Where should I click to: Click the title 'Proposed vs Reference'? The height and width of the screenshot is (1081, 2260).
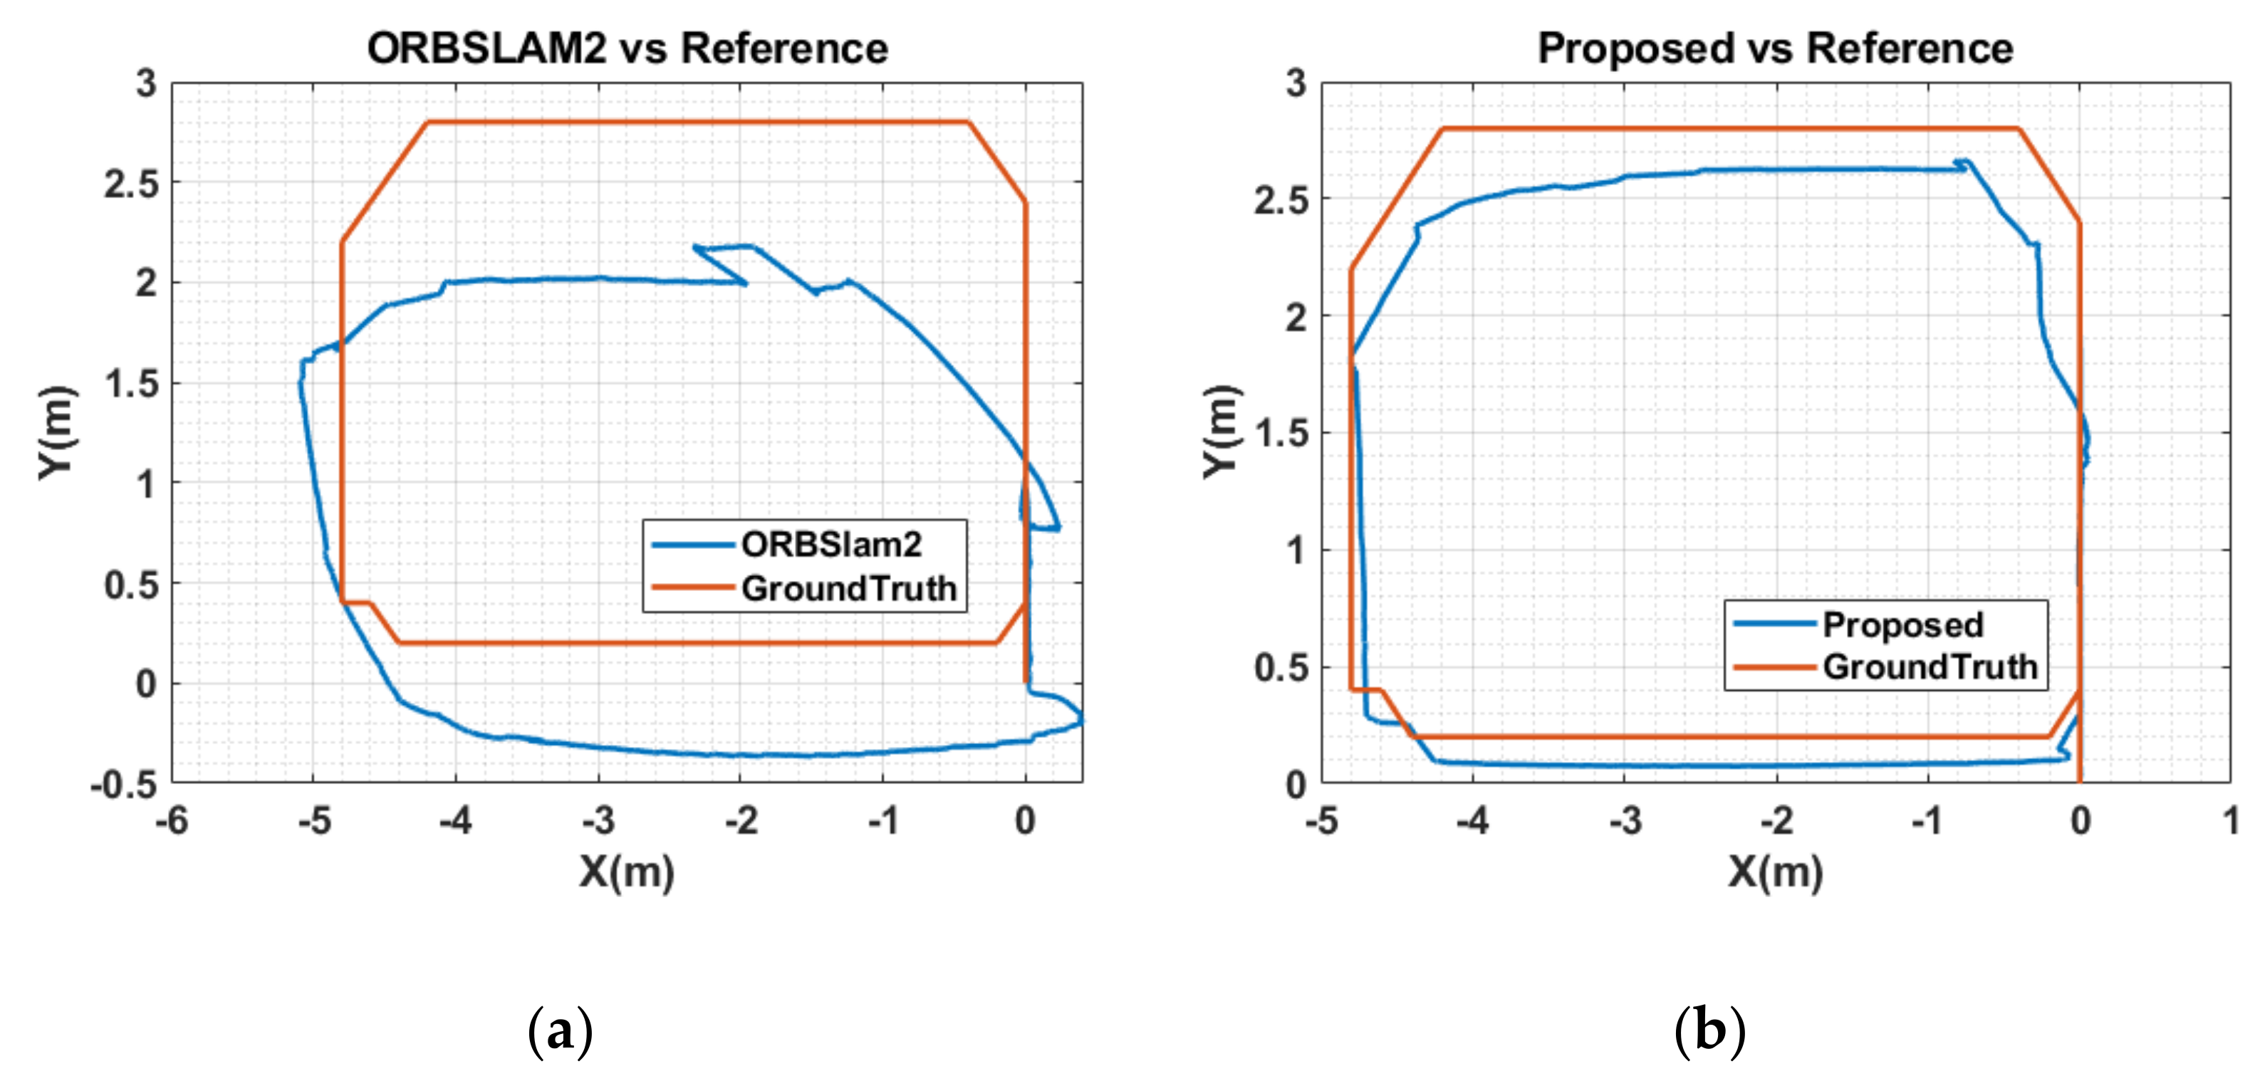pyautogui.click(x=1775, y=48)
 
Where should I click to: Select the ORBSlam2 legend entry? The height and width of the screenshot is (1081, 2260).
pyautogui.click(x=830, y=545)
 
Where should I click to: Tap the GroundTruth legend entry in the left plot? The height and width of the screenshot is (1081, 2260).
pyautogui.click(x=848, y=588)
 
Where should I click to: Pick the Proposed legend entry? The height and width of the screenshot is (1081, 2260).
pyautogui.click(x=1902, y=625)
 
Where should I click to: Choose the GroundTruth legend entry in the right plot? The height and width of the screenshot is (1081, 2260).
pyautogui.click(x=1930, y=667)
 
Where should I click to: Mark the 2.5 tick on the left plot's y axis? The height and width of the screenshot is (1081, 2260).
pyautogui.click(x=131, y=184)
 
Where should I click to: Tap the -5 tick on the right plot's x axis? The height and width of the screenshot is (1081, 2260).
pyautogui.click(x=1321, y=821)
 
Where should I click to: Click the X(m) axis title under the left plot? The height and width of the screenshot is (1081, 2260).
pyautogui.click(x=626, y=872)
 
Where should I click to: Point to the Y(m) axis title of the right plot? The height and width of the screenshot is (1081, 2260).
pyautogui.click(x=1220, y=432)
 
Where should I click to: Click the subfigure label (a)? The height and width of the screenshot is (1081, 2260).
pyautogui.click(x=560, y=1032)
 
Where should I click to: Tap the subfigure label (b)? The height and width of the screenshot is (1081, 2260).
pyautogui.click(x=1709, y=1032)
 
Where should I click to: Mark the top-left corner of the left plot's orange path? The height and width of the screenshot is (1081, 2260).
pyautogui.click(x=427, y=122)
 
